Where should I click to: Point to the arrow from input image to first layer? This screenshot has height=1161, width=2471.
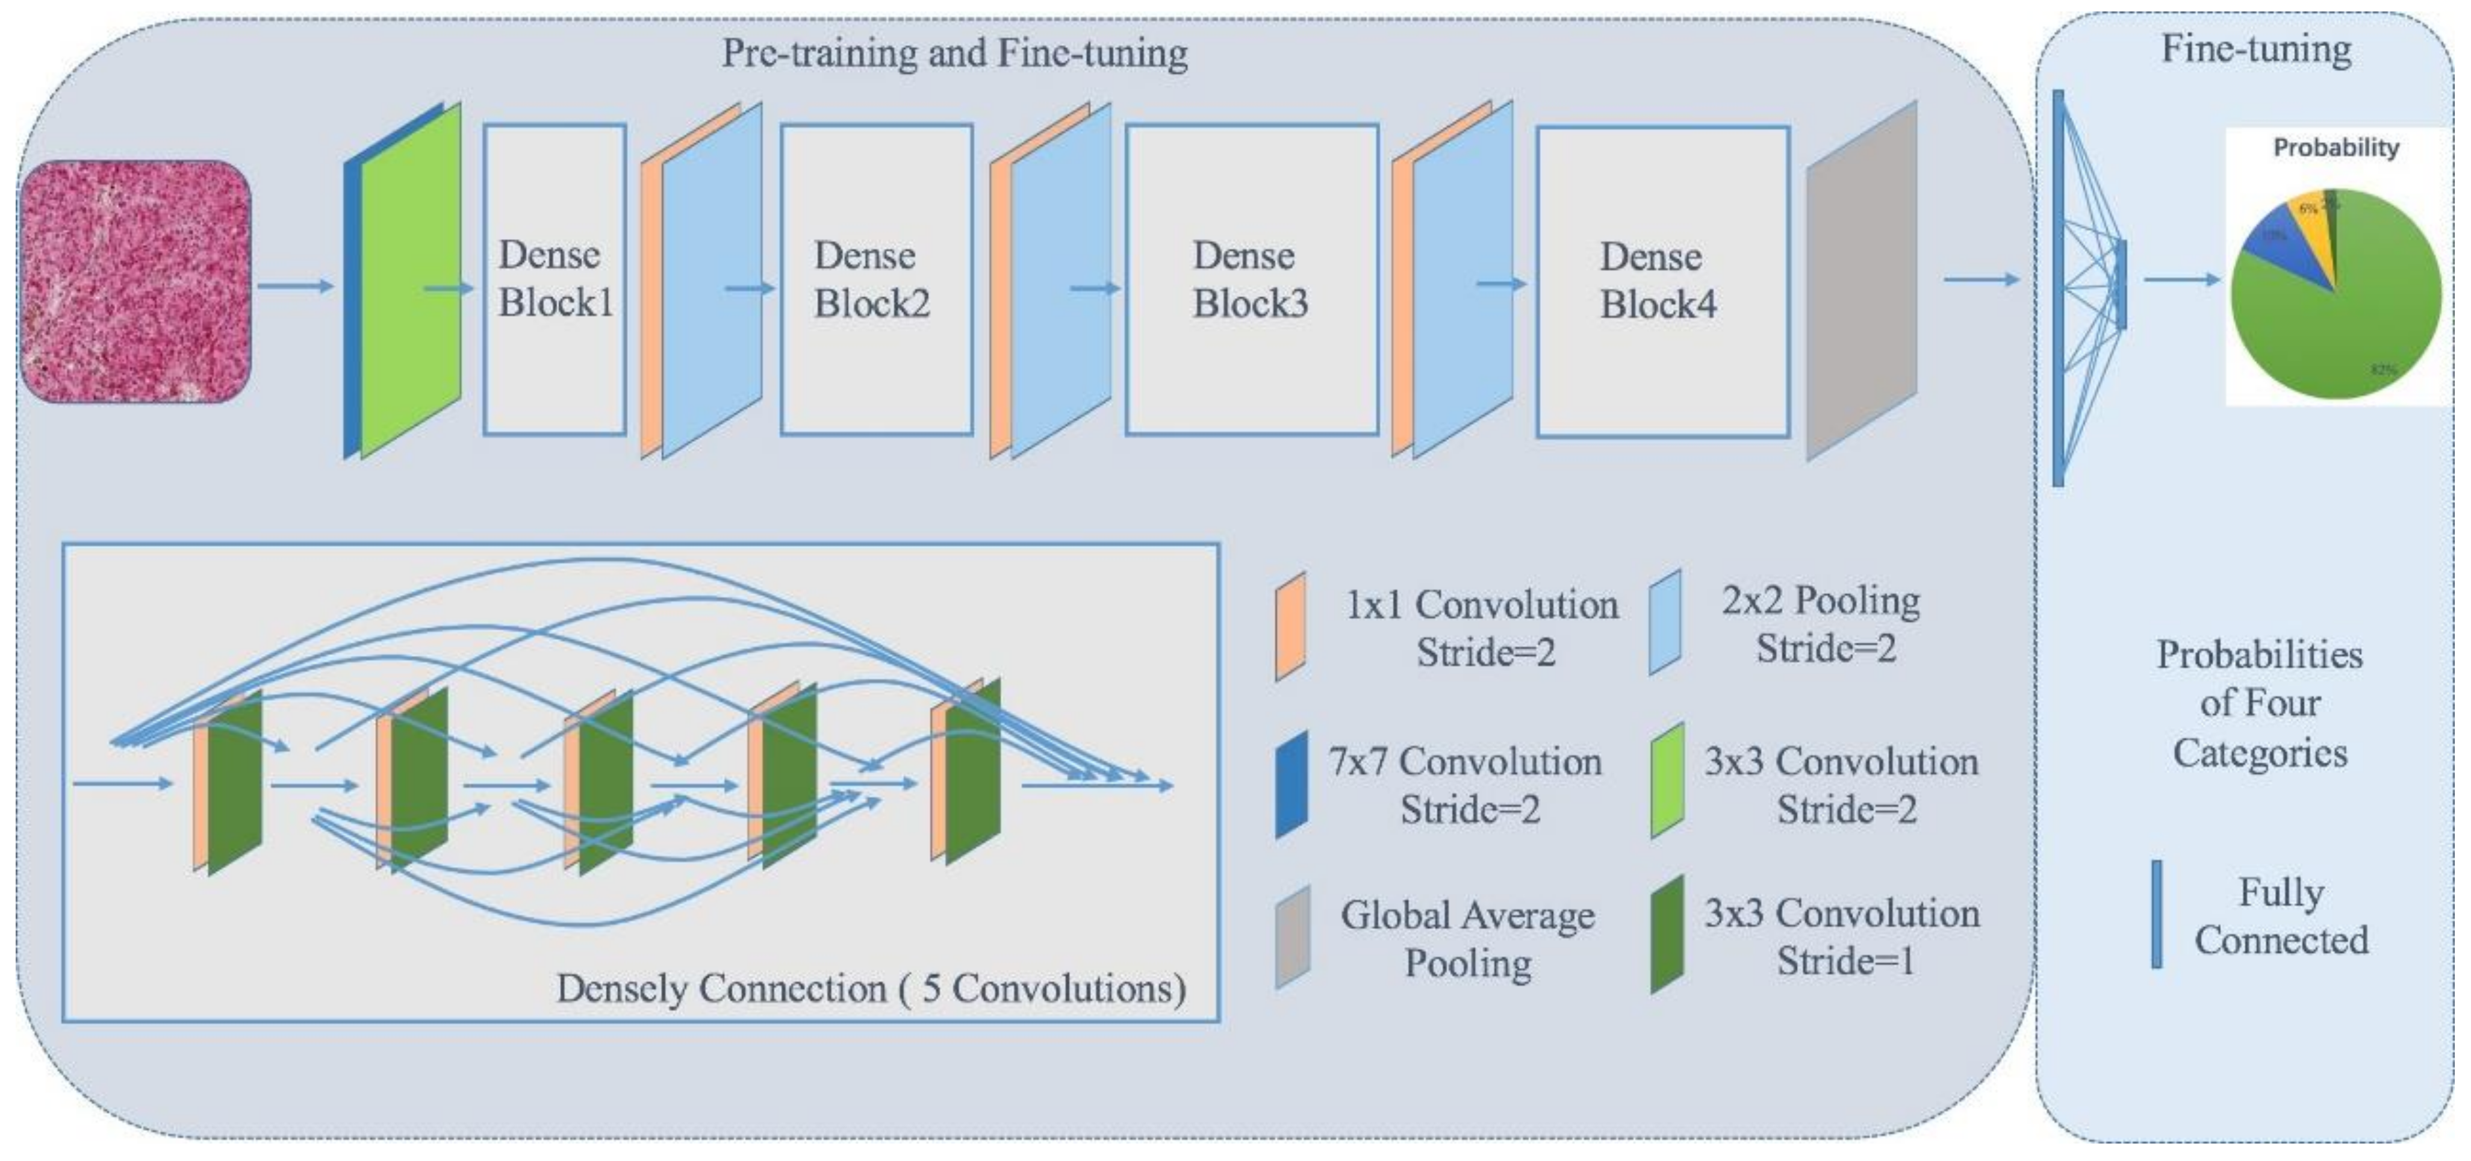[296, 285]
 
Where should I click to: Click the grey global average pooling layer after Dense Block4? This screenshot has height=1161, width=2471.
[1861, 280]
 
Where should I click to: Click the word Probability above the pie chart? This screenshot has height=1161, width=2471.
[2336, 148]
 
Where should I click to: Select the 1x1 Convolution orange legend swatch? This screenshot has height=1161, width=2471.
[1290, 626]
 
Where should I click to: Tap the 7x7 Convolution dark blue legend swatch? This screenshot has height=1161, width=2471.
[1291, 784]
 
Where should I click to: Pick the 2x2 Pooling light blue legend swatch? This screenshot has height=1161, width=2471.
[1665, 622]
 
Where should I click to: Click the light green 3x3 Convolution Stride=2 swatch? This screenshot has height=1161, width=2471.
[1667, 779]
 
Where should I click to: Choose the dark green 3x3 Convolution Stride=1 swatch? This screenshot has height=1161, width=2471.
[1667, 933]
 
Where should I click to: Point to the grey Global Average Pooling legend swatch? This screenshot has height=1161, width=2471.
[1292, 936]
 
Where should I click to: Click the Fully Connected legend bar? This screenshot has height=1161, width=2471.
[2156, 914]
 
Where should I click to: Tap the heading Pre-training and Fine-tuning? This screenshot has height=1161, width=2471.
[954, 53]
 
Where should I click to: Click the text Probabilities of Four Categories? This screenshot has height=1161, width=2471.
[2259, 703]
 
